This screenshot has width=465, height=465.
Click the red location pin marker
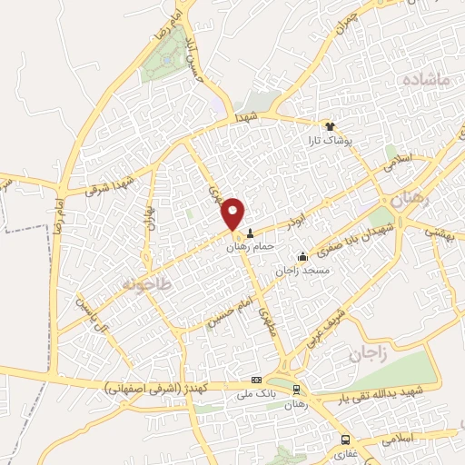click(234, 213)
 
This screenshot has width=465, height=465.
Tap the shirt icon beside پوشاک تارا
click(331, 127)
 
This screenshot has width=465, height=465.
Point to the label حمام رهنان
click(251, 246)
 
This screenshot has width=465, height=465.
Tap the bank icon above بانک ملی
click(256, 380)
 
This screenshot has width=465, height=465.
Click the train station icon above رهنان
click(296, 389)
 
